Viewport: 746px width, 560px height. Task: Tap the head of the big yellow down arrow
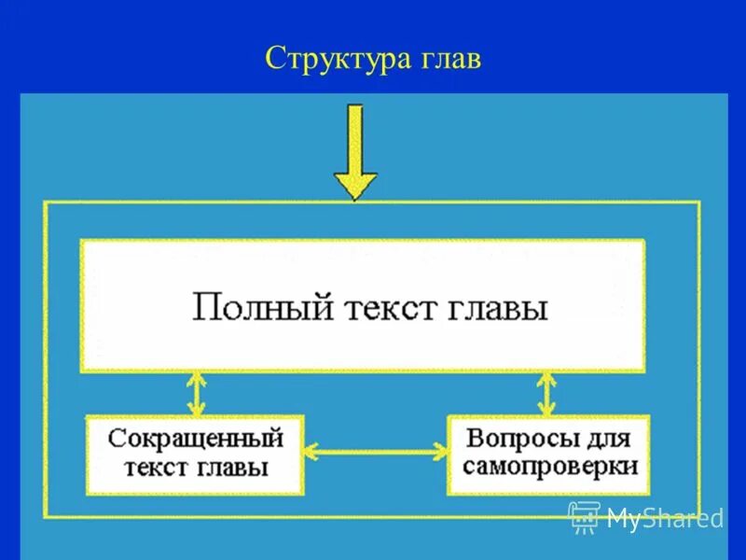tap(355, 185)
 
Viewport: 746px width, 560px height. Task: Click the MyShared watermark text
tap(664, 519)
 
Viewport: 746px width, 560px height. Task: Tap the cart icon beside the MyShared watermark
tap(584, 517)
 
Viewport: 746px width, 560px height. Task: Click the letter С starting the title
tap(274, 58)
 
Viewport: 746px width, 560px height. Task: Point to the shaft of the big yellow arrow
tap(355, 136)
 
